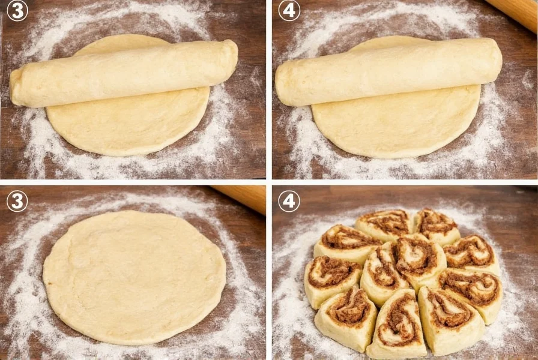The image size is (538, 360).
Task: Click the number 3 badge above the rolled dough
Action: tap(17, 11)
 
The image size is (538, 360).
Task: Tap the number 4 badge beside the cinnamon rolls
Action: tap(289, 201)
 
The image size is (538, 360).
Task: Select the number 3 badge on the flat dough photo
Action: tap(17, 201)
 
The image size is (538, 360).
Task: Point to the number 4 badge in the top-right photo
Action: tap(289, 11)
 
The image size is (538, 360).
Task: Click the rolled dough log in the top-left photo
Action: tap(123, 73)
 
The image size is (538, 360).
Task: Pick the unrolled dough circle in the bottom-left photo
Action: tap(134, 276)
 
